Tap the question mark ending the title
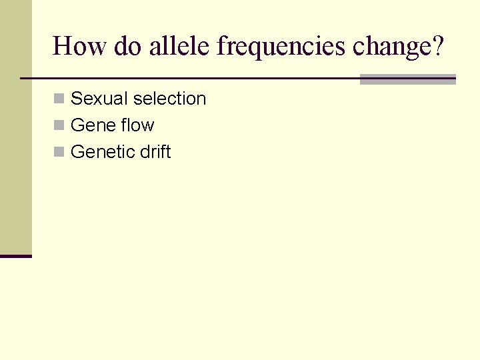coord(437,47)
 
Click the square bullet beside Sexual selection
coord(59,99)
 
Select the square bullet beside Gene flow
coord(59,126)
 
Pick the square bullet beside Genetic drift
coord(59,153)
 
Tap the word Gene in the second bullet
coord(91,125)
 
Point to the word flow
coord(136,125)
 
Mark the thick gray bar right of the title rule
coord(407,79)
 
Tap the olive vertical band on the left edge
coord(15,127)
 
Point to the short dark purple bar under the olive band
coord(15,256)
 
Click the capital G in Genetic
coord(76,152)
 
